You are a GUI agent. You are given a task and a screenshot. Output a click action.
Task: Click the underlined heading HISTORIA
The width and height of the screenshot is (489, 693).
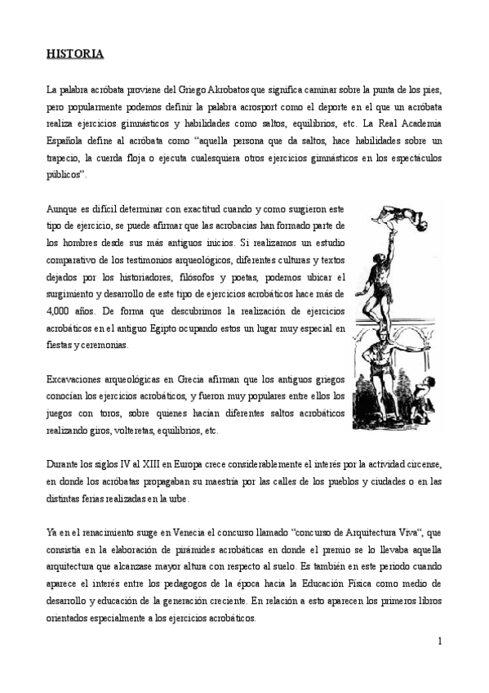click(x=73, y=55)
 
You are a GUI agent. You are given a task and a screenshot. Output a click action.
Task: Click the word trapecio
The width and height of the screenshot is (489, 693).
click(x=64, y=157)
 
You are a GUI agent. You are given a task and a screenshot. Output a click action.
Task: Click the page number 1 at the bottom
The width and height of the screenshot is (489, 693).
click(x=439, y=641)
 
